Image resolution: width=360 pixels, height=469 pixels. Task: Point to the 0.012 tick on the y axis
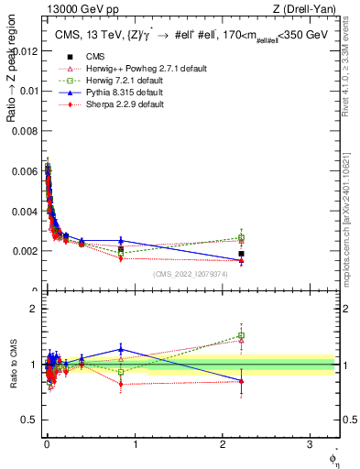(x=27, y=50)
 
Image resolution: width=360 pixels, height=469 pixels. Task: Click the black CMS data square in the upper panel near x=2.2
(x=241, y=254)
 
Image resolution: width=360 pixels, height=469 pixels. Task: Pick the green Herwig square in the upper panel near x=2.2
(x=241, y=238)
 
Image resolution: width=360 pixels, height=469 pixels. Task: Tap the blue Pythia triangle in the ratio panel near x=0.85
(x=121, y=349)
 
